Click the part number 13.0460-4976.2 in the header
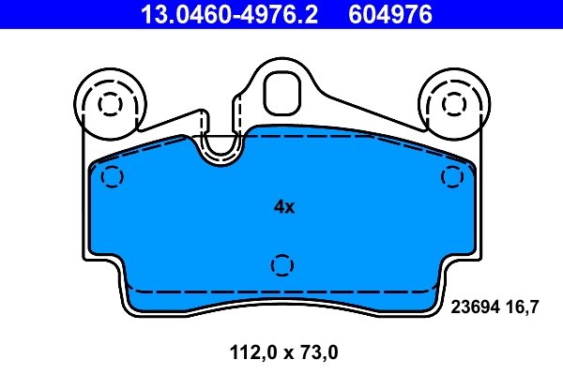click(x=219, y=14)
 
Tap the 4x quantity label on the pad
click(x=283, y=207)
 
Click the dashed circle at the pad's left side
click(x=112, y=175)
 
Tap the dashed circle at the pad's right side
click(x=453, y=175)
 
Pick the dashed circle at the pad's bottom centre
click(x=281, y=265)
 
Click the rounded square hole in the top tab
click(x=281, y=91)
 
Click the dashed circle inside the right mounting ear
click(x=452, y=102)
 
